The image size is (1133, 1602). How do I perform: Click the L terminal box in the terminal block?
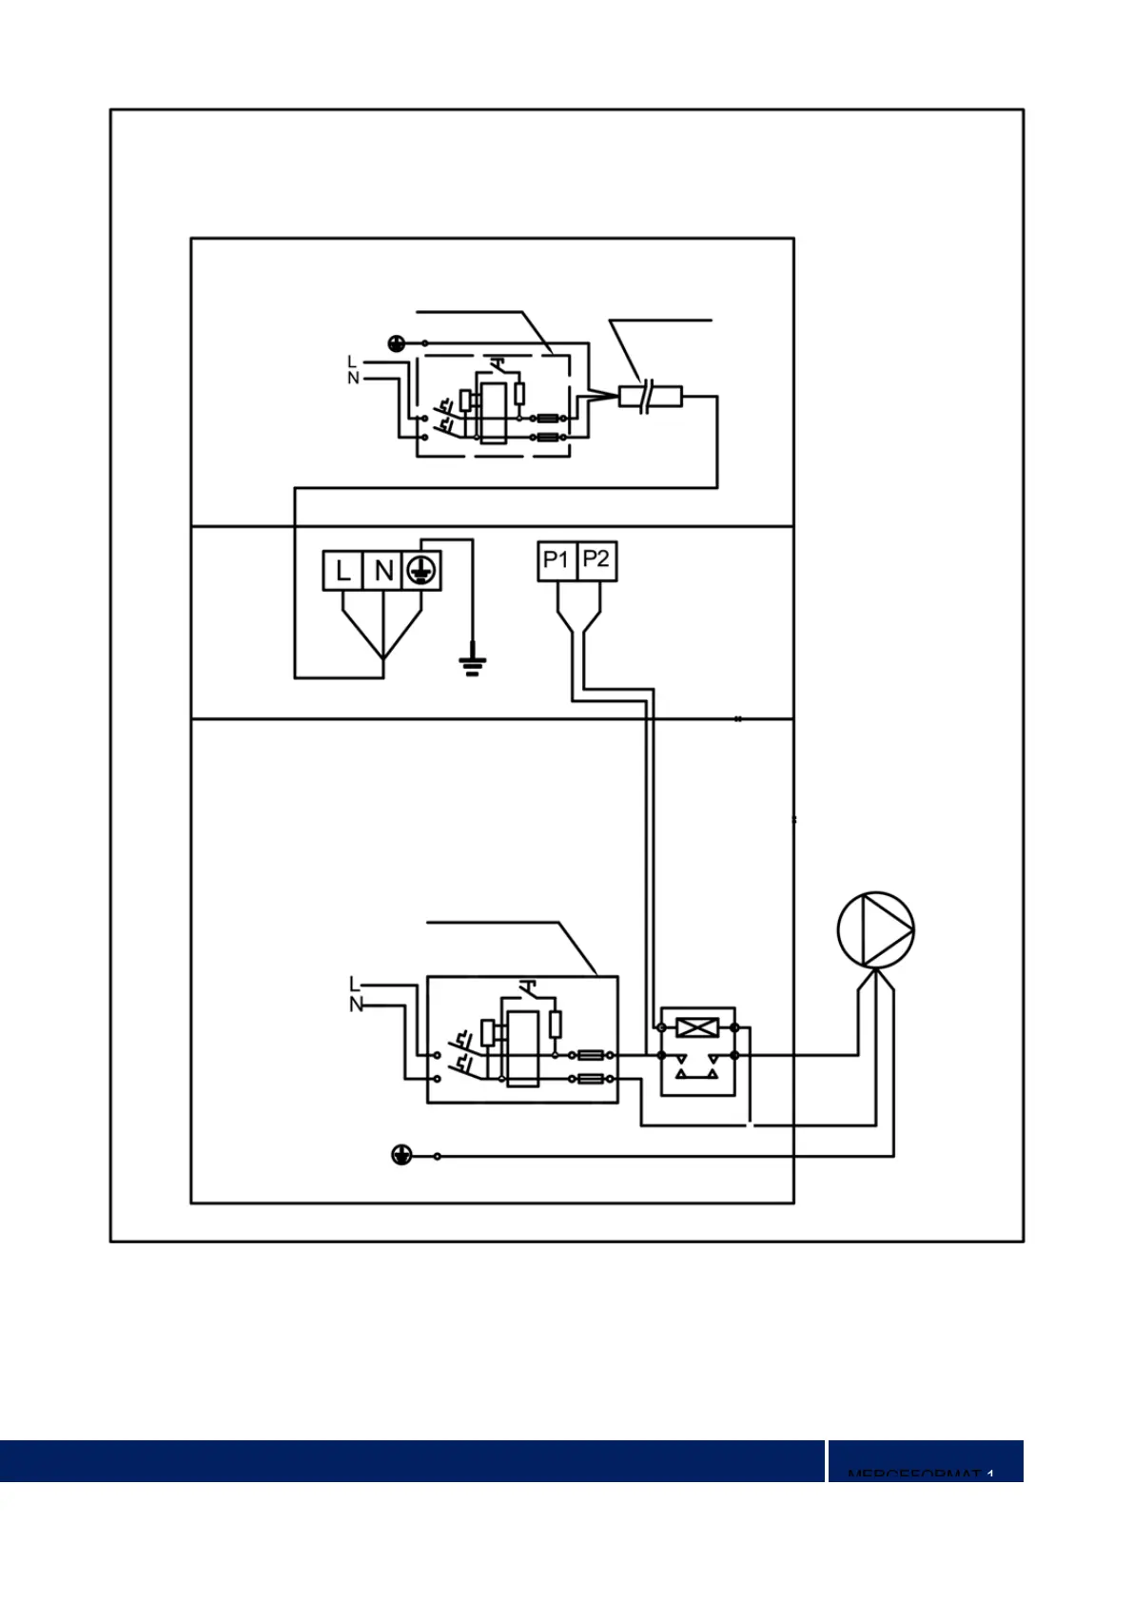(x=342, y=571)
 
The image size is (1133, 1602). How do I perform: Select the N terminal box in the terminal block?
(x=383, y=571)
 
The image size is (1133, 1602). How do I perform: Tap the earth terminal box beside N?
(x=422, y=571)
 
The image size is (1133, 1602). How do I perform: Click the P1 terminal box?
(x=557, y=560)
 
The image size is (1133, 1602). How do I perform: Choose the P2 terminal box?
(x=596, y=560)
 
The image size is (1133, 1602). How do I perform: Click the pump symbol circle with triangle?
(x=875, y=929)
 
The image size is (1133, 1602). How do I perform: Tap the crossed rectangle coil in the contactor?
(x=697, y=1027)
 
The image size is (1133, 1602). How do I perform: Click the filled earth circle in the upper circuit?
(x=397, y=342)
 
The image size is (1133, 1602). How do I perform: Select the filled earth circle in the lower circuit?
(x=401, y=1155)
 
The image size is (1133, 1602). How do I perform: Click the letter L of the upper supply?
(x=351, y=361)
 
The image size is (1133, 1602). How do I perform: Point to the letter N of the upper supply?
(x=353, y=378)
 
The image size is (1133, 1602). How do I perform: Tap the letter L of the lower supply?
(x=355, y=985)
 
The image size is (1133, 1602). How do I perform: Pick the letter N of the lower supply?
(x=356, y=1005)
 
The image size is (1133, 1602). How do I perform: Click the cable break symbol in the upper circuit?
(x=648, y=396)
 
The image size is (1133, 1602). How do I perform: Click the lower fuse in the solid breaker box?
(x=591, y=1079)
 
